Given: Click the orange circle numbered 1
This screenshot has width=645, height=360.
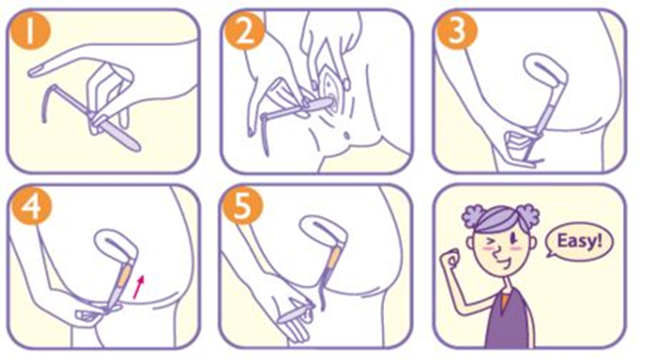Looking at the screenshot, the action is point(30,30).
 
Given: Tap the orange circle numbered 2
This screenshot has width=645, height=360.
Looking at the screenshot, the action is point(243,30).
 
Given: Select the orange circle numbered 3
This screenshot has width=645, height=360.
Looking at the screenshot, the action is point(457,30).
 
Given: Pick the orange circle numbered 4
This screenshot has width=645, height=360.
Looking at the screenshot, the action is point(32,205).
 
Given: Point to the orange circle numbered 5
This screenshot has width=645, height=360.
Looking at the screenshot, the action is point(243,205).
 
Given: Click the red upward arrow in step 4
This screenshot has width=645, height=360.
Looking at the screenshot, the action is point(140,287).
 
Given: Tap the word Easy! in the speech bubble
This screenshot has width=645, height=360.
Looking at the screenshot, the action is point(580,241).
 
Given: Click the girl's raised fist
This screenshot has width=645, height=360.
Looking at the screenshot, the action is point(451,259).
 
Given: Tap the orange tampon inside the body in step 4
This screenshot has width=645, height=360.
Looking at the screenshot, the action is point(126,274).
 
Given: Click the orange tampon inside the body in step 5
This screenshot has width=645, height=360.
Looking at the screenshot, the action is point(334,257).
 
